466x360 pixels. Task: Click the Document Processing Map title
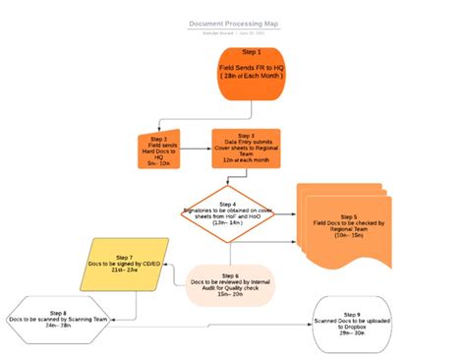click(x=232, y=22)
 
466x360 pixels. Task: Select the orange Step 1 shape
click(x=251, y=71)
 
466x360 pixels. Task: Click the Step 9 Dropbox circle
click(x=351, y=320)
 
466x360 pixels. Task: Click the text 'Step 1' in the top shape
click(x=251, y=51)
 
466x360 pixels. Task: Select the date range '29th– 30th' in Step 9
click(x=351, y=333)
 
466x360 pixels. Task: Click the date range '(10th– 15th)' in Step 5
click(x=349, y=236)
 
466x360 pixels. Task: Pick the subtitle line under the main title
click(x=232, y=31)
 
